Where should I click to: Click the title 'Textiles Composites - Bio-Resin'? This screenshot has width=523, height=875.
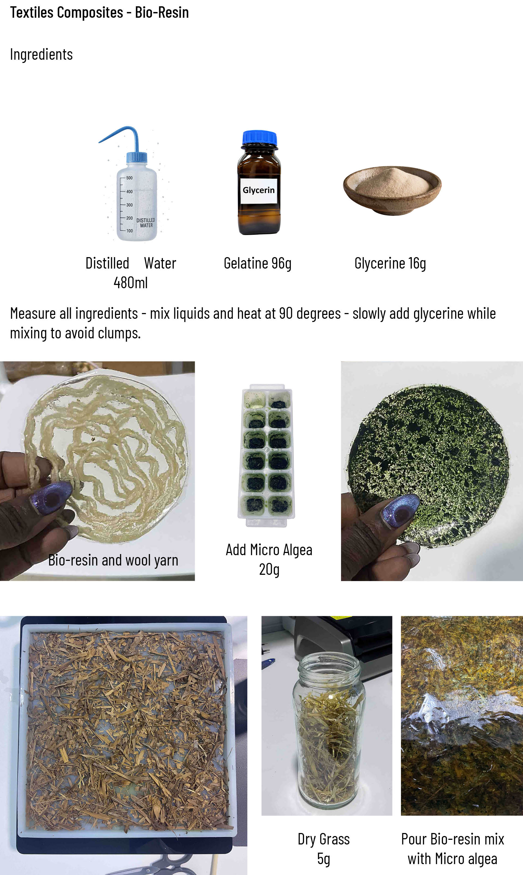tap(99, 13)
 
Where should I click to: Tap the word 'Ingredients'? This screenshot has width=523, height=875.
tap(41, 55)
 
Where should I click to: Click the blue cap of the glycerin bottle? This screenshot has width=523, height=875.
tap(259, 137)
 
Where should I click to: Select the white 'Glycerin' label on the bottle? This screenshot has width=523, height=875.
tap(259, 190)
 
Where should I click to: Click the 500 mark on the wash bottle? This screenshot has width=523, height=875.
tap(129, 178)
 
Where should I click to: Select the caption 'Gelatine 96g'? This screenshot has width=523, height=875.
tap(258, 263)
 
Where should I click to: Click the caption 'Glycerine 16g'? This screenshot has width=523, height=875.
tap(390, 263)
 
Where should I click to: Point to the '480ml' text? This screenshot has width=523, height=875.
tap(130, 282)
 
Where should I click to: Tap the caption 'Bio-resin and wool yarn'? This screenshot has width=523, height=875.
tap(113, 560)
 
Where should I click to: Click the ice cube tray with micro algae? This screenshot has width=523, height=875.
tap(266, 455)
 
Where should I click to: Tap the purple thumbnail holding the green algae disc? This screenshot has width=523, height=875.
tap(400, 510)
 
